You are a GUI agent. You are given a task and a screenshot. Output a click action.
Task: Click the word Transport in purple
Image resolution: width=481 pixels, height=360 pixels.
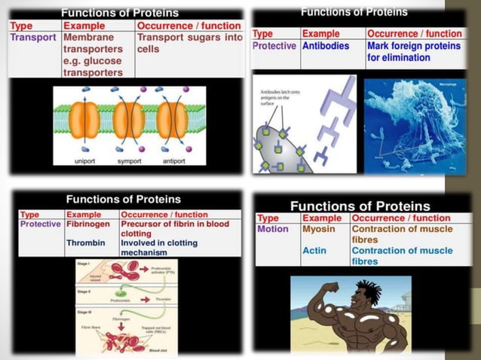pos(33,37)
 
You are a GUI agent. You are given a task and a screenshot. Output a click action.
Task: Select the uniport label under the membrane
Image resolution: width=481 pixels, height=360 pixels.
pos(85,161)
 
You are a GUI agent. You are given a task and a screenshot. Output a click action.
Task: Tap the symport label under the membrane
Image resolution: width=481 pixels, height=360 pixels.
pos(129,161)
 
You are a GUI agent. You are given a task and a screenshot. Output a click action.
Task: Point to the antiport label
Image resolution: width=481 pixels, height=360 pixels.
pos(173,161)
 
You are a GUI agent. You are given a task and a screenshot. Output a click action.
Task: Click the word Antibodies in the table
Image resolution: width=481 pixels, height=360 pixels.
pos(326,46)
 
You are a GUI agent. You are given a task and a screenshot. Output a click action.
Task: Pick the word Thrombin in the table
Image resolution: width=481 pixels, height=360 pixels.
pos(85,243)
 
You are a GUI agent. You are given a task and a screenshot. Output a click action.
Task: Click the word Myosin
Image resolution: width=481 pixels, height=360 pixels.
pos(318,229)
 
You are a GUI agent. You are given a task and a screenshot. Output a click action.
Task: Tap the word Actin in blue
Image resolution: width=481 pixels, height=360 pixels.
pos(314,251)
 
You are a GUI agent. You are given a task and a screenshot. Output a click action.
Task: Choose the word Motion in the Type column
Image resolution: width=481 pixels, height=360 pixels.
pos(273,229)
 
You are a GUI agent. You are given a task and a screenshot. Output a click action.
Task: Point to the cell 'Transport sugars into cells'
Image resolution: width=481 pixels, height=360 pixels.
pos(188,42)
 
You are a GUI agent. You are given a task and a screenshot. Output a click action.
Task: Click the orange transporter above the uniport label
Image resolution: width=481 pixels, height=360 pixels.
pos(85,121)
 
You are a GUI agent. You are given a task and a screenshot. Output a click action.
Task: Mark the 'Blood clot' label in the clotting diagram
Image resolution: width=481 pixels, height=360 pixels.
pos(158,350)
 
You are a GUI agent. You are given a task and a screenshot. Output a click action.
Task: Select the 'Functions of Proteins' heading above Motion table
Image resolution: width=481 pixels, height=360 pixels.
pos(360,206)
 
